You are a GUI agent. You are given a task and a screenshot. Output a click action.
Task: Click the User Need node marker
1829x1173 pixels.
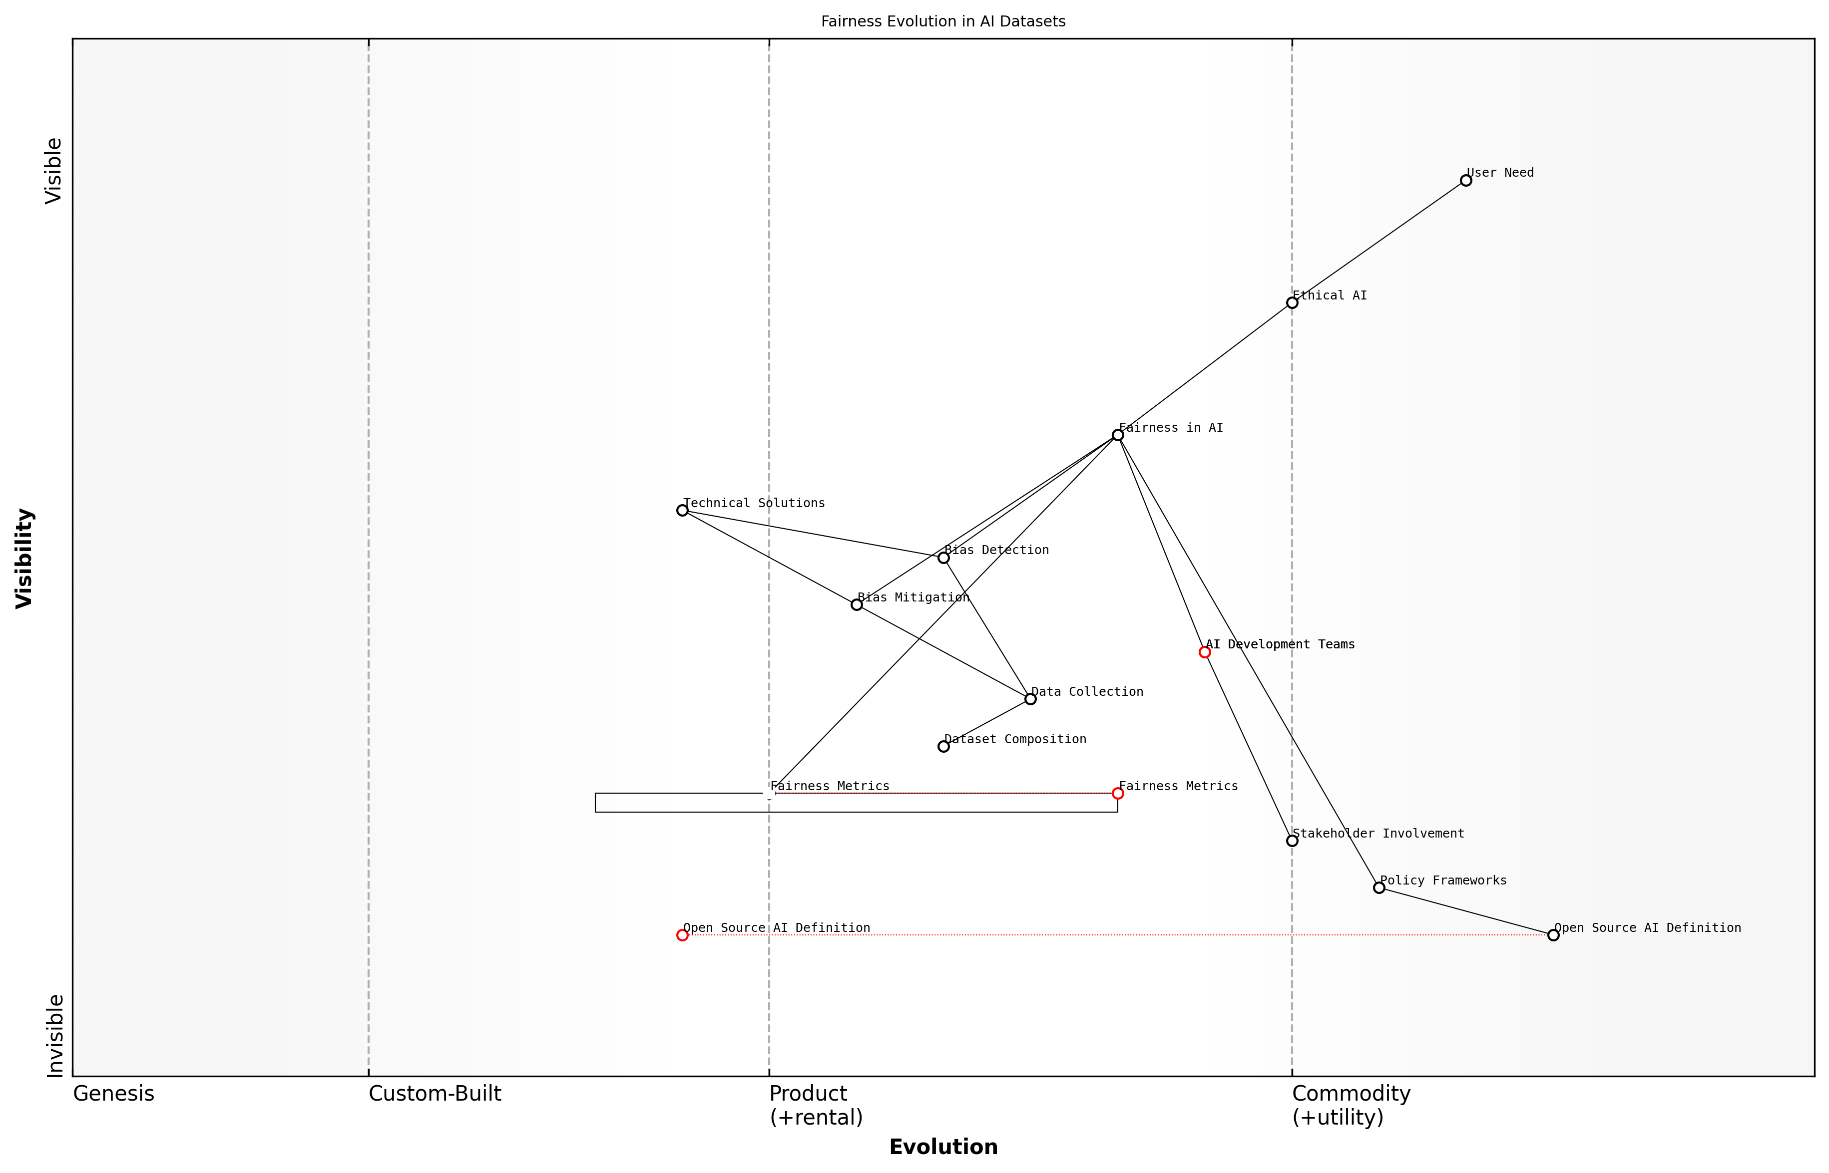(x=1465, y=181)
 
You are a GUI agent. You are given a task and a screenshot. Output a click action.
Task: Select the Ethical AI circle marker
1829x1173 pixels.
(x=1292, y=303)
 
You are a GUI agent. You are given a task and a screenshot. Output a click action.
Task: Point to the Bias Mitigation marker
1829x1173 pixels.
(x=857, y=605)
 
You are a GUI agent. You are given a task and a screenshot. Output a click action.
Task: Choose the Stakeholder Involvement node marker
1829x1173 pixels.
(x=1292, y=841)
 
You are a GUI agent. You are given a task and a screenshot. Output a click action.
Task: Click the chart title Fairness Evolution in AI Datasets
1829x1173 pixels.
(x=942, y=22)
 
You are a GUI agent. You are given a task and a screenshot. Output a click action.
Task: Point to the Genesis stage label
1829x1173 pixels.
(x=113, y=1094)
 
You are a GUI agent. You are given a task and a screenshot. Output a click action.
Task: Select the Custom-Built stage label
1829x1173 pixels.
(x=435, y=1094)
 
